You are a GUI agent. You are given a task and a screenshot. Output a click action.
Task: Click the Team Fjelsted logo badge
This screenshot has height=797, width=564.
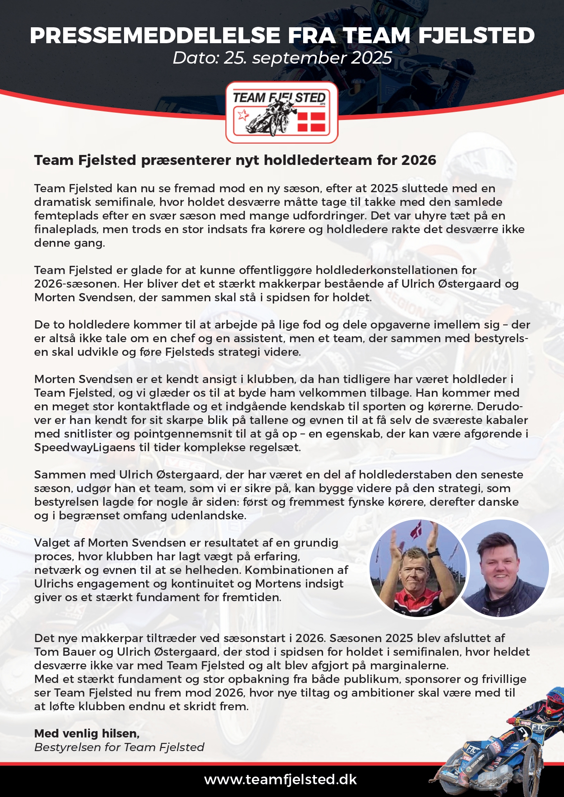pyautogui.click(x=282, y=112)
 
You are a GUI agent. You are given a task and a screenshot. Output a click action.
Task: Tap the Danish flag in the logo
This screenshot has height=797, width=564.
pyautogui.click(x=312, y=121)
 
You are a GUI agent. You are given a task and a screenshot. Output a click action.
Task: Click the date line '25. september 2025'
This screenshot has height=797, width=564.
pyautogui.click(x=307, y=58)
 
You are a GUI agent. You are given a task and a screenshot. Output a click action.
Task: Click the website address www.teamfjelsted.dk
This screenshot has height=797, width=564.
pyautogui.click(x=280, y=779)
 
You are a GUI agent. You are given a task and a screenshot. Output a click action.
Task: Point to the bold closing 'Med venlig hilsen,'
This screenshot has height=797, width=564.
pyautogui.click(x=87, y=733)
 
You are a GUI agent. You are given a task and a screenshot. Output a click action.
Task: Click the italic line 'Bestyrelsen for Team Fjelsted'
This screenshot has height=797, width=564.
pyautogui.click(x=119, y=747)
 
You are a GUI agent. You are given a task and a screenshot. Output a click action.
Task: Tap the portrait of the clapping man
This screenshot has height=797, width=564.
pyautogui.click(x=417, y=568)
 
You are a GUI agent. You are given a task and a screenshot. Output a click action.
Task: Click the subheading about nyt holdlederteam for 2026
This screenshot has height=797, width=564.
pyautogui.click(x=235, y=160)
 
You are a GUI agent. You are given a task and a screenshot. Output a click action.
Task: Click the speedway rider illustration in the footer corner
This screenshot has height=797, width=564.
pyautogui.click(x=504, y=745)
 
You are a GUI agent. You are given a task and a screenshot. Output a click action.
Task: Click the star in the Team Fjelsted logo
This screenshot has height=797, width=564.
pyautogui.click(x=243, y=115)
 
